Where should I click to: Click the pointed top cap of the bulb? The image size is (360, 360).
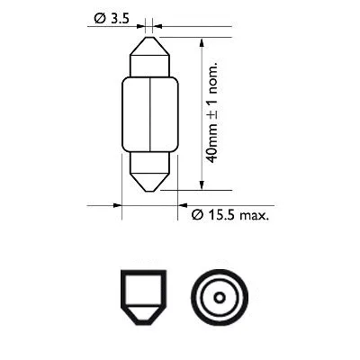[x=148, y=53]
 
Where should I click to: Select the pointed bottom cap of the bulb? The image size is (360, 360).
[x=148, y=173]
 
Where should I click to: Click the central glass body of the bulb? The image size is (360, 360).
[x=148, y=113]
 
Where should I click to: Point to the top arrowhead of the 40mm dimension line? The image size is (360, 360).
[x=202, y=42]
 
